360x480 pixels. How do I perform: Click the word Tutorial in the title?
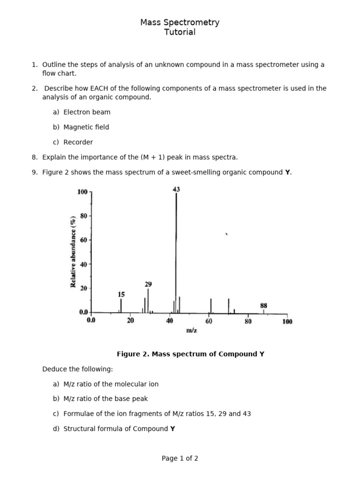(180, 32)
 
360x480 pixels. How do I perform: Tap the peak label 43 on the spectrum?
(176, 189)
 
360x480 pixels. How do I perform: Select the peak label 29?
(148, 284)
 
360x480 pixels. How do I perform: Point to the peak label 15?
(121, 294)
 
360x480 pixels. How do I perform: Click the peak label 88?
(263, 305)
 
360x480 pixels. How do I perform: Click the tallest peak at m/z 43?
(176, 253)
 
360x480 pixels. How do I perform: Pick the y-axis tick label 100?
(82, 192)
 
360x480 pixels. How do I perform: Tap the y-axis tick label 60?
(84, 240)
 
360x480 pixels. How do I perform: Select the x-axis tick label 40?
(170, 321)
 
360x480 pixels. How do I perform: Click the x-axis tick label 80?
(248, 321)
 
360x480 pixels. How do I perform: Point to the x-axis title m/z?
(191, 330)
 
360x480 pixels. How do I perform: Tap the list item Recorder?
(78, 142)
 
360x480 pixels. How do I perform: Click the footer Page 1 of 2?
(180, 458)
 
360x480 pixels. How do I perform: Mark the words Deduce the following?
(77, 369)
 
